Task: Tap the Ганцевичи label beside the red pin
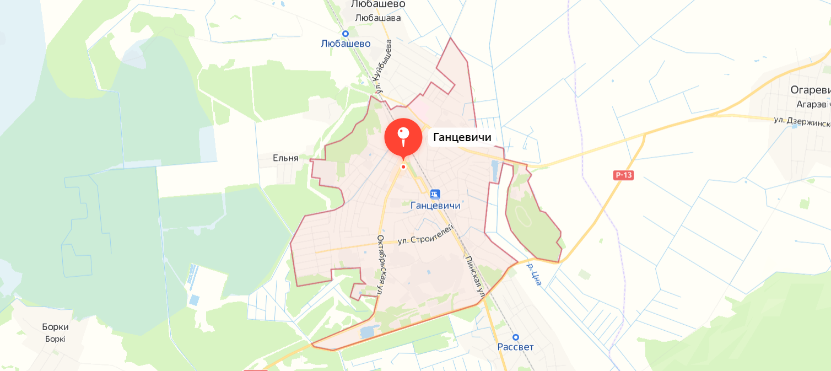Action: [x=462, y=137]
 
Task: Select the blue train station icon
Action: [x=435, y=194]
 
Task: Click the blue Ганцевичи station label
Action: [x=435, y=206]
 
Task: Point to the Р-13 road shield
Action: [x=623, y=175]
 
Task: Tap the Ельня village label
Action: [x=285, y=158]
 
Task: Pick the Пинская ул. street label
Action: [x=473, y=277]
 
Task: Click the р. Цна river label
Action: [x=535, y=274]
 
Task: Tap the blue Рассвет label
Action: [x=515, y=347]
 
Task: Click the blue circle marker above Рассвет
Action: [x=516, y=337]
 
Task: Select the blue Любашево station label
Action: [x=346, y=44]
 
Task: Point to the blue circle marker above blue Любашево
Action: [x=346, y=34]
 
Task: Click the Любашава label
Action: [x=378, y=18]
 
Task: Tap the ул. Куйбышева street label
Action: [x=384, y=69]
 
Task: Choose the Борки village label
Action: [x=55, y=327]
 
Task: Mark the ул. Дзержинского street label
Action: [x=802, y=121]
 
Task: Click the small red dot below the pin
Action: [x=403, y=166]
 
